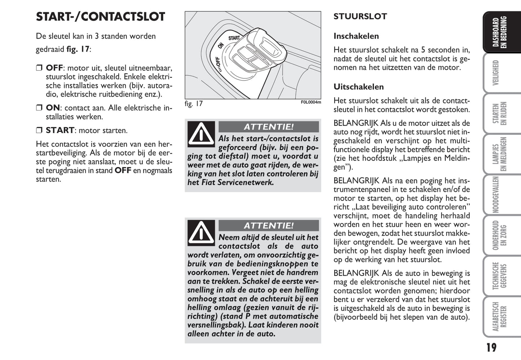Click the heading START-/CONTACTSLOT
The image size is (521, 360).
click(100, 17)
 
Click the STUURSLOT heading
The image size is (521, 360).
click(360, 17)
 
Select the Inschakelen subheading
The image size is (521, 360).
click(356, 36)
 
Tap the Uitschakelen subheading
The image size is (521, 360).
click(358, 87)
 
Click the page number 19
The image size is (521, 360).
click(491, 348)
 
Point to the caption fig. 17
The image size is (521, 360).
click(194, 104)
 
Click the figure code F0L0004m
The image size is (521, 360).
click(310, 102)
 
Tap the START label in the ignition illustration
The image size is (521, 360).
click(234, 38)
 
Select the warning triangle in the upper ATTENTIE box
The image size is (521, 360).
click(201, 134)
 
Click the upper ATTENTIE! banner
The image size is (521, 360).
click(269, 127)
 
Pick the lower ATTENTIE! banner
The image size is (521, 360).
click(269, 226)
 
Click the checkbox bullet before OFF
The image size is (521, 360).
click(39, 68)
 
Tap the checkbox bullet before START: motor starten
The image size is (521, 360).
click(39, 131)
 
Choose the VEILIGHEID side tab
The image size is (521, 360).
click(496, 73)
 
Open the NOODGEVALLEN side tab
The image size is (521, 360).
click(496, 195)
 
